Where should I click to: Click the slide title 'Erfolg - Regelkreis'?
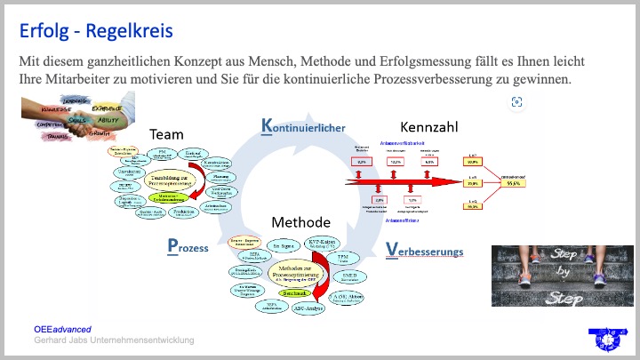click(x=97, y=31)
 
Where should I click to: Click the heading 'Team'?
click(x=166, y=134)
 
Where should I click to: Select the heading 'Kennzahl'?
click(x=429, y=126)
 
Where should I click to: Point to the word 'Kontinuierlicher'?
click(x=303, y=127)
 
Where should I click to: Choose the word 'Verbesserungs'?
click(x=425, y=252)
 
